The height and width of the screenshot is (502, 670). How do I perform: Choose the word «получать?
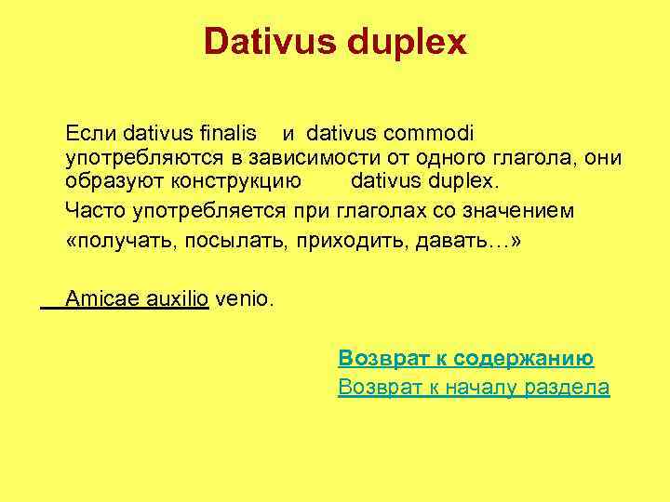click(120, 242)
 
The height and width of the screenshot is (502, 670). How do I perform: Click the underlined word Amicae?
click(101, 299)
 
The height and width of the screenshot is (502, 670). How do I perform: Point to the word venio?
click(245, 299)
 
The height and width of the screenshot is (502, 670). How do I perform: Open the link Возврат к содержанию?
click(466, 359)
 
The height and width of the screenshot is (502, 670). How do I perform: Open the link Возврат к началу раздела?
click(474, 388)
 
